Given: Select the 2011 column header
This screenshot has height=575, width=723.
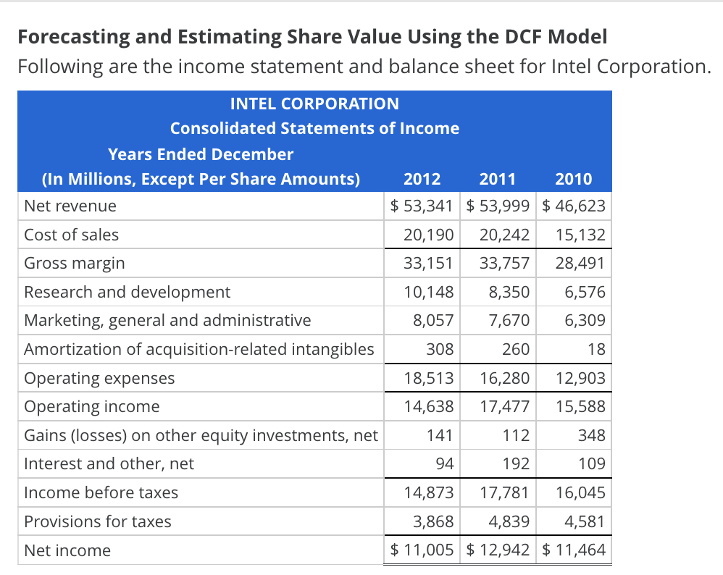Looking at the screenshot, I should pyautogui.click(x=498, y=179).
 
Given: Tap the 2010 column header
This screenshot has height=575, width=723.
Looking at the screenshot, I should pyautogui.click(x=574, y=179).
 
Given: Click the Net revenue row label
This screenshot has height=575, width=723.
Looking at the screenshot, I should pyautogui.click(x=70, y=206).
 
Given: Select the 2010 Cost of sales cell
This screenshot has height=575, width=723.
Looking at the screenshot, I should pyautogui.click(x=580, y=235).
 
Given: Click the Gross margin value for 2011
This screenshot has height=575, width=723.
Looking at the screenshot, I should pyautogui.click(x=504, y=263).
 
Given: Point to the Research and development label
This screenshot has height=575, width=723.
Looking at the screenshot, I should pyautogui.click(x=127, y=292).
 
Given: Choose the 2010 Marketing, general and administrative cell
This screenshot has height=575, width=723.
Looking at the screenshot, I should pyautogui.click(x=585, y=320).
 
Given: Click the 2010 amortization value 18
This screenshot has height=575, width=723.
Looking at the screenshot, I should pyautogui.click(x=596, y=349).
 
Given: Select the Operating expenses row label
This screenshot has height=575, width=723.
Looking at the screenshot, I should pyautogui.click(x=99, y=378).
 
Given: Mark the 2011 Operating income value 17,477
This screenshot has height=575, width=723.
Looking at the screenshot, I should pyautogui.click(x=504, y=406).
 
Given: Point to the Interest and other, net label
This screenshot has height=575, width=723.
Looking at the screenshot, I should pyautogui.click(x=109, y=463).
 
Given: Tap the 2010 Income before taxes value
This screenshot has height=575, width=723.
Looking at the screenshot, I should pyautogui.click(x=580, y=492).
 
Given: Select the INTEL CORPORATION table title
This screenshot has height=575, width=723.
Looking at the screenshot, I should pyautogui.click(x=314, y=104).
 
